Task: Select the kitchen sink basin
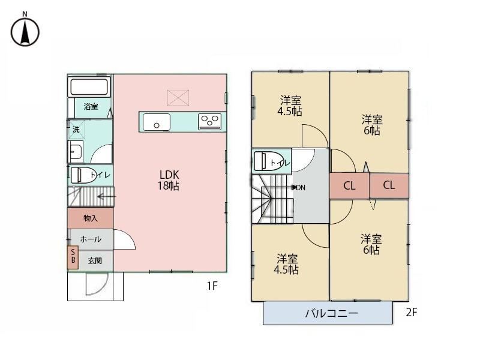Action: point(157,122)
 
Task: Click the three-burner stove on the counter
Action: point(209,122)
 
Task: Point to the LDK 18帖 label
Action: point(169,181)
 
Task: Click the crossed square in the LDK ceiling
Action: point(178,98)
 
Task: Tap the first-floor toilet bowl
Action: point(83,175)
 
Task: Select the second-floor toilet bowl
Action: point(267,161)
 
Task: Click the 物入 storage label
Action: point(91,218)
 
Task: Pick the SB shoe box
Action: point(73,258)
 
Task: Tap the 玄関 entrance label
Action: point(95,261)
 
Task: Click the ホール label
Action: point(91,239)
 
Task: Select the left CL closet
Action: point(349,186)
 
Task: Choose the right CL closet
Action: point(389,185)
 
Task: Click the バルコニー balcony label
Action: point(332,313)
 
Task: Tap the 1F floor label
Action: point(212,286)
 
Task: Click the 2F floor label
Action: point(412,312)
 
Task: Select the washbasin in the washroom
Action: point(76,152)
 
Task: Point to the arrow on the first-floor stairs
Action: point(106,197)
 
